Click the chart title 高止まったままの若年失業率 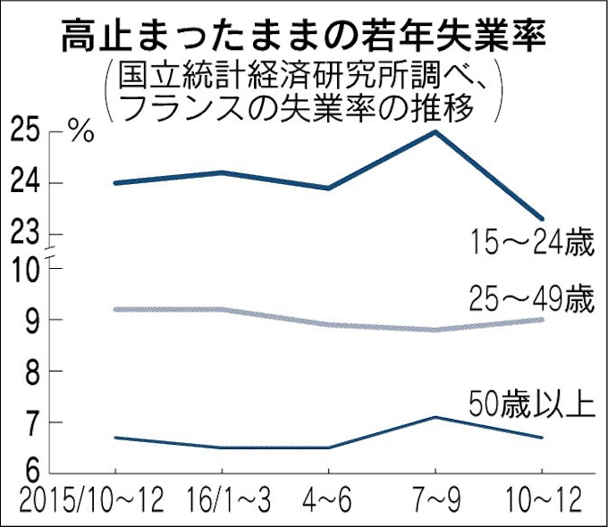click(304, 37)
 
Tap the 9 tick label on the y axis click(31, 320)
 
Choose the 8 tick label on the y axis click(31, 371)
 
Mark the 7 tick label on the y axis click(31, 422)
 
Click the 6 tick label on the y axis click(31, 473)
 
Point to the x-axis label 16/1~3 click(222, 501)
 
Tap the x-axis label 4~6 click(328, 501)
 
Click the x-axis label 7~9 click(435, 501)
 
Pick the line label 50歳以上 click(532, 405)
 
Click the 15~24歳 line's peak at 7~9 click(435, 132)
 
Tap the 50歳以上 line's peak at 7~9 click(435, 417)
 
